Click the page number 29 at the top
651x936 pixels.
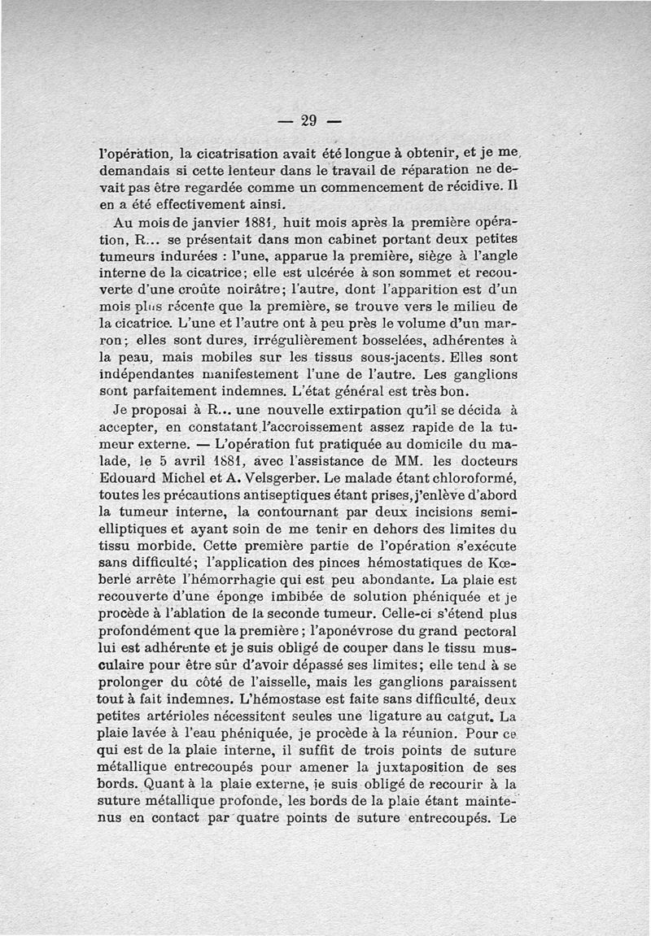coord(307,121)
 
